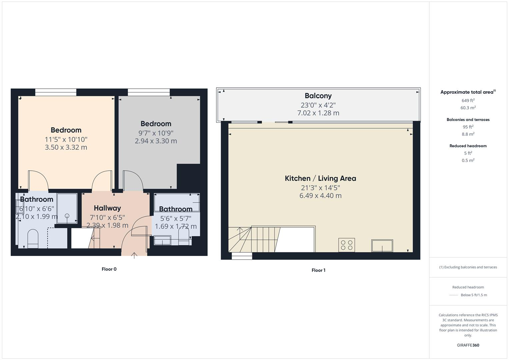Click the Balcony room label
pyautogui.click(x=318, y=96)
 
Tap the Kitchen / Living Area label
pyautogui.click(x=320, y=178)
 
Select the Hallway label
pyautogui.click(x=107, y=208)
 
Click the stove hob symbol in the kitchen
pyautogui.click(x=346, y=245)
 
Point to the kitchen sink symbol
pyautogui.click(x=382, y=246)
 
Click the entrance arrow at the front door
pyautogui.click(x=134, y=255)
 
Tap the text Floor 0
pyautogui.click(x=109, y=269)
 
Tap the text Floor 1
pyautogui.click(x=318, y=270)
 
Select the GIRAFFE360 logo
pyautogui.click(x=468, y=345)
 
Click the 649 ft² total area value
pyautogui.click(x=468, y=100)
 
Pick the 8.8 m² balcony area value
pyautogui.click(x=468, y=134)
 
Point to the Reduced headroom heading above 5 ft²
pyautogui.click(x=468, y=146)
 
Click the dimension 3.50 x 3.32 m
pyautogui.click(x=66, y=147)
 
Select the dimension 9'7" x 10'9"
pyautogui.click(x=156, y=133)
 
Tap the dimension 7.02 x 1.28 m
pyautogui.click(x=318, y=113)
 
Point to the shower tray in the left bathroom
pyautogui.click(x=67, y=208)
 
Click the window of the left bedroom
pyautogui.click(x=56, y=92)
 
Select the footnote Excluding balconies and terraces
pyautogui.click(x=468, y=267)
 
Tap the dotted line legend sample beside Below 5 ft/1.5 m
pyautogui.click(x=454, y=295)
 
